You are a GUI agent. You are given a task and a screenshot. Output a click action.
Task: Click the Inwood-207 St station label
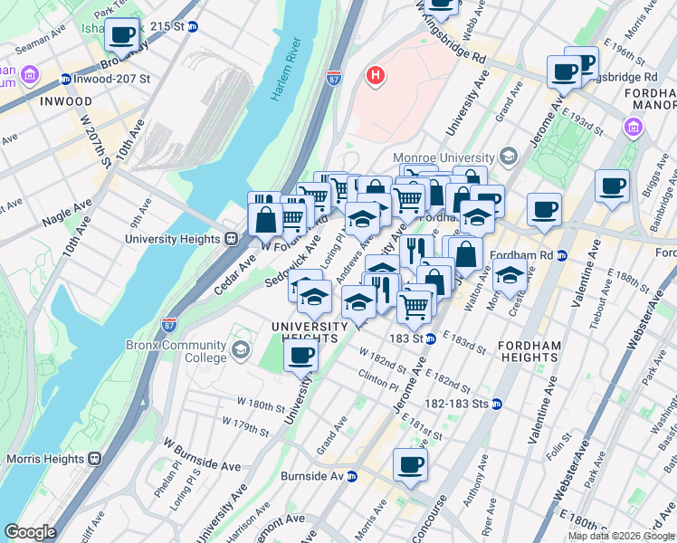104,79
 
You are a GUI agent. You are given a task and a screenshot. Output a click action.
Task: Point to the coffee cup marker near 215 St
122,35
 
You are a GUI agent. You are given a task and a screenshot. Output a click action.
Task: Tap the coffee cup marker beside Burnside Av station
409,465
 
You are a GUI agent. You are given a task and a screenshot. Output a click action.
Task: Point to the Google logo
30,532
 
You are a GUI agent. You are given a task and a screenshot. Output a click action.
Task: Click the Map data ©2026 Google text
620,536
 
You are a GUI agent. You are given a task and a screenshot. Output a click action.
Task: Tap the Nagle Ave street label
67,215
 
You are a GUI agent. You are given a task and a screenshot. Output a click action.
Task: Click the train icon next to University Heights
232,239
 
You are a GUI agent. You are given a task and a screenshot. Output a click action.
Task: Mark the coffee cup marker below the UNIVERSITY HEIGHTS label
301,356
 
